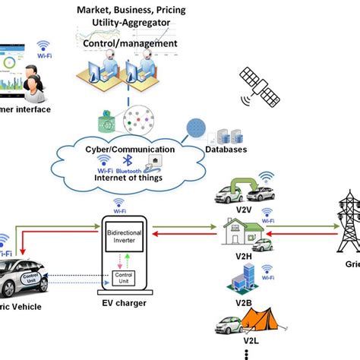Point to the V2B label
(x=243, y=302)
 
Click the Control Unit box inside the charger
(x=122, y=279)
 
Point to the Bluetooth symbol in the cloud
(x=128, y=161)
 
